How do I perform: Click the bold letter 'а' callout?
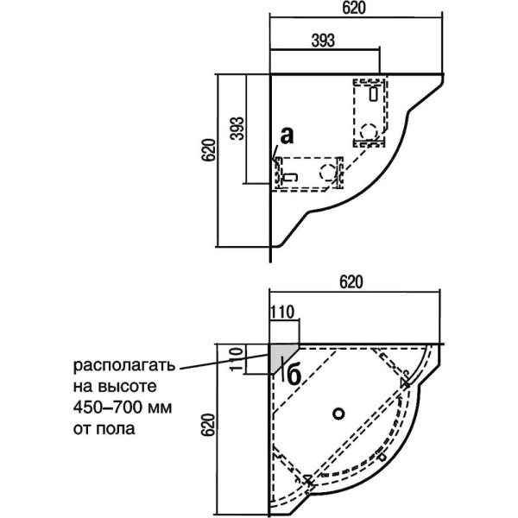coord(287,135)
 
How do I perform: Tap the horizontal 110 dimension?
coord(283,313)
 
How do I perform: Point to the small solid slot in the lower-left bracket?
coord(291,177)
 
